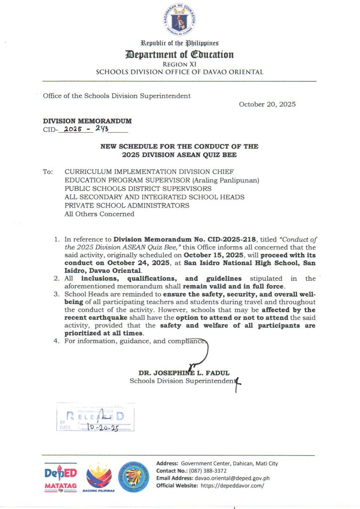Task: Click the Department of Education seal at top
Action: click(x=180, y=20)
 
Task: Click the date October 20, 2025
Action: click(x=267, y=104)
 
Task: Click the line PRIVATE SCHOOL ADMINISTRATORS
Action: click(x=127, y=205)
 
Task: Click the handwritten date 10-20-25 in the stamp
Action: click(x=101, y=427)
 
